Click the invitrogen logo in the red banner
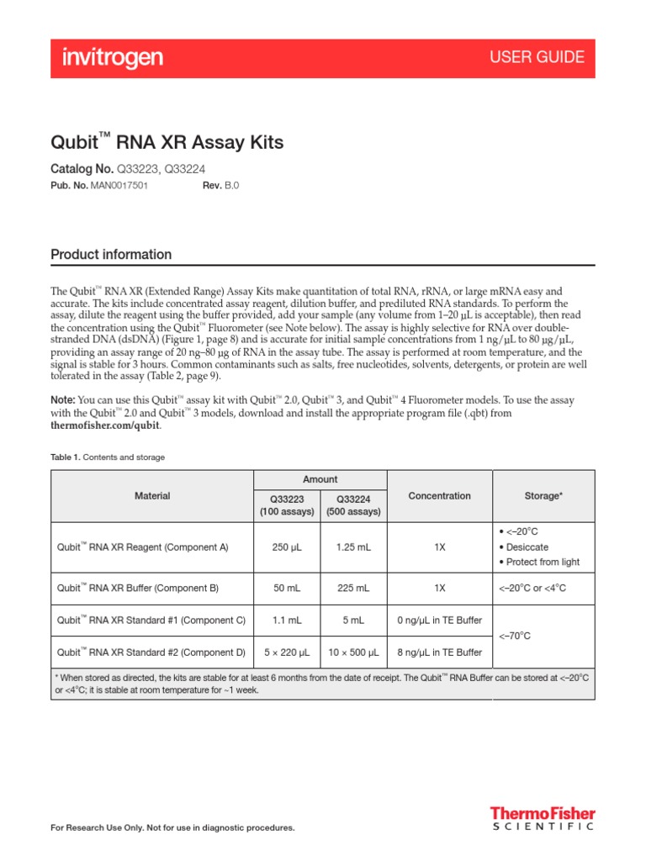[x=113, y=58]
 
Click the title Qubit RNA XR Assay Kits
[x=167, y=142]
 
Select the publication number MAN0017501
[x=119, y=186]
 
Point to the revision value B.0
[x=231, y=186]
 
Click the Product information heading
[x=111, y=255]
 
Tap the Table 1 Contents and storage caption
[x=108, y=457]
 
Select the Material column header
[x=152, y=496]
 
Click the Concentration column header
[x=439, y=496]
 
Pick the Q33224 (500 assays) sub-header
[x=352, y=504]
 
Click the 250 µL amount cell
[x=287, y=547]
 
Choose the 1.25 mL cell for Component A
[x=352, y=547]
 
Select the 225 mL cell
[x=352, y=588]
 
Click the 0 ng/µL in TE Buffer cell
[x=439, y=621]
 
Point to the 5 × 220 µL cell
[x=287, y=652]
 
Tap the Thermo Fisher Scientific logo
[x=543, y=818]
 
